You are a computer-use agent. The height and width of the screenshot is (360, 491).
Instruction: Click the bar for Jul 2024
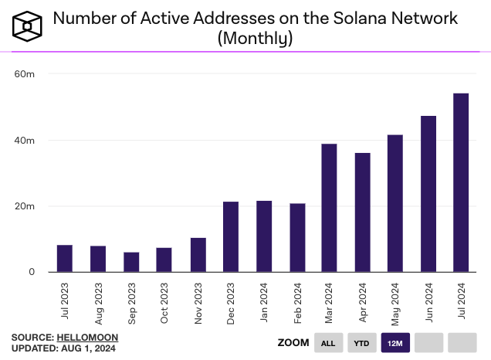click(x=461, y=182)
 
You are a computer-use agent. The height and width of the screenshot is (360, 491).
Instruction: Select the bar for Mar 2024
click(x=329, y=208)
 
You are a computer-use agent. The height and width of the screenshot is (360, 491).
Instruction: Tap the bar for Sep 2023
click(x=131, y=262)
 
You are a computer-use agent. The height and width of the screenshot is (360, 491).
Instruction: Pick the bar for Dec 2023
click(x=231, y=236)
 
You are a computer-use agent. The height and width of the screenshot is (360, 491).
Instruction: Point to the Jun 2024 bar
click(x=428, y=194)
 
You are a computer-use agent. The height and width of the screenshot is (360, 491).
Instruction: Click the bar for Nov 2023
click(x=198, y=255)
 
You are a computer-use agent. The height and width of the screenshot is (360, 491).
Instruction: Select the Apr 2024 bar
click(x=362, y=212)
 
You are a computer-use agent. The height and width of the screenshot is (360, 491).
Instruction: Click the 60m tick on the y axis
click(x=25, y=74)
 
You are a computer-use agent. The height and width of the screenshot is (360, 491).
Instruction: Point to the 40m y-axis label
click(x=25, y=141)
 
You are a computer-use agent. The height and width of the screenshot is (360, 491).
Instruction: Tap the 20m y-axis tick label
click(x=25, y=206)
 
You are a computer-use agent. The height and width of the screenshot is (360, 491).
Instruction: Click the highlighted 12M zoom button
click(x=395, y=342)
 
